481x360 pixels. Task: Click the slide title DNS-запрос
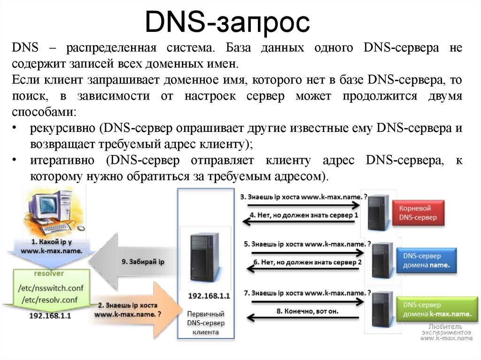(227, 23)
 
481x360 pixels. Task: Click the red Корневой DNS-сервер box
(418, 213)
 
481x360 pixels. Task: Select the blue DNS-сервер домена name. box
(427, 260)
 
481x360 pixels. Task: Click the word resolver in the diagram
(49, 273)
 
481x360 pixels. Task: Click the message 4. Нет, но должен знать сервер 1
(304, 214)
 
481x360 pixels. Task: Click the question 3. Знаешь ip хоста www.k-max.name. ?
(303, 197)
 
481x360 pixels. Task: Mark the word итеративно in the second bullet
(64, 161)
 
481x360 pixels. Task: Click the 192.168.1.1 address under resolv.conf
(49, 316)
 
